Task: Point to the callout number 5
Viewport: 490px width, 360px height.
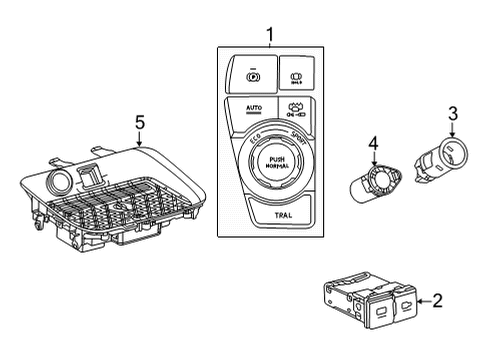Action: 139,122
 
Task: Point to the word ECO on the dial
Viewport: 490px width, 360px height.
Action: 256,143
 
